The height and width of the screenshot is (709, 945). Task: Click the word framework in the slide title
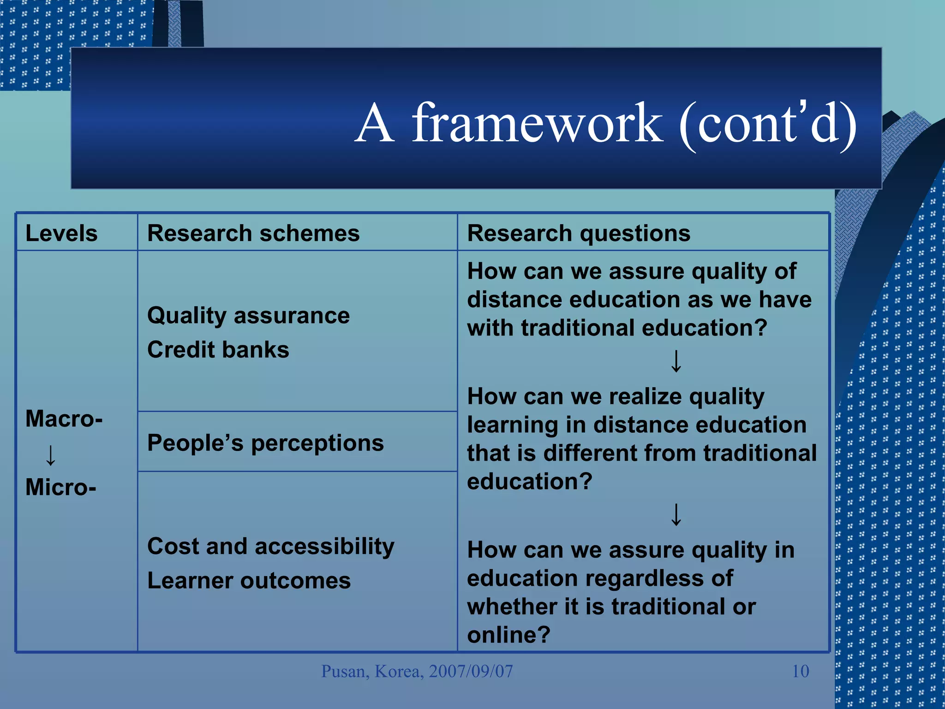click(538, 124)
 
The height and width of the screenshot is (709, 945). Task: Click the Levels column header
click(61, 233)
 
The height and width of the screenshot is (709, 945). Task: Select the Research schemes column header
click(253, 233)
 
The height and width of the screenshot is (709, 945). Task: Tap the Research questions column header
click(579, 233)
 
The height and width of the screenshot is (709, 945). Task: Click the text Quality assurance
click(248, 316)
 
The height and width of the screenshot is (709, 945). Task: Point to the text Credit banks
click(218, 350)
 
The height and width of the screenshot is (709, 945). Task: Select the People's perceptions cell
click(265, 443)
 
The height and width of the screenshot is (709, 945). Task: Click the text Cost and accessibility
click(271, 547)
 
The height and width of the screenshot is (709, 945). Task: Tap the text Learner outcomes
click(249, 581)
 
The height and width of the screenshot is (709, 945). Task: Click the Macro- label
click(64, 419)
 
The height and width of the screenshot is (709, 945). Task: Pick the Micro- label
click(60, 487)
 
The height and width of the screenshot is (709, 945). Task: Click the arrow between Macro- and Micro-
click(51, 455)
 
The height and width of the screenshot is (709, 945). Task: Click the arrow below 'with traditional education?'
click(676, 361)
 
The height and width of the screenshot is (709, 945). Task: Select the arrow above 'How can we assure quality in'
click(676, 515)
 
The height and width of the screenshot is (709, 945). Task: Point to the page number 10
click(800, 671)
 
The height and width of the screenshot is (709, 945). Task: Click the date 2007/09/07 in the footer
click(471, 671)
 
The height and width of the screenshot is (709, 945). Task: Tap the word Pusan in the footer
click(345, 671)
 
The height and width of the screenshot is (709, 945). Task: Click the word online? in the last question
click(508, 635)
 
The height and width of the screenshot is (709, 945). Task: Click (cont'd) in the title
click(768, 124)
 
